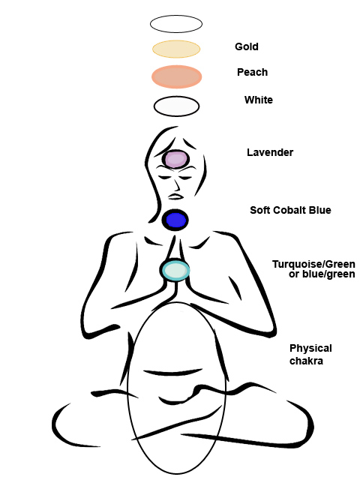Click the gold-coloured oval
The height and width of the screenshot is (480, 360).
[x=176, y=49]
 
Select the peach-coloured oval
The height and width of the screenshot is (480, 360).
[x=177, y=76]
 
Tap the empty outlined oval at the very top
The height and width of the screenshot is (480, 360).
[x=176, y=24]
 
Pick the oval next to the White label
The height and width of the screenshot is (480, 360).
[x=177, y=106]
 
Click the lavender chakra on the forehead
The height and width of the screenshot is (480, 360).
[x=175, y=159]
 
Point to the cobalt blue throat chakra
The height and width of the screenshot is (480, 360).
[x=175, y=220]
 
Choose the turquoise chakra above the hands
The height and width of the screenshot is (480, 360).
[x=175, y=270]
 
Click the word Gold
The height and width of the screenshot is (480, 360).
[x=247, y=46]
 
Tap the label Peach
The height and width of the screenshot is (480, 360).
[x=252, y=72]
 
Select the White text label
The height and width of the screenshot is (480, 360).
[x=258, y=100]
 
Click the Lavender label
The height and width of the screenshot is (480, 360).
[x=270, y=152]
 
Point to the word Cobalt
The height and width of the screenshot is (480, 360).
[x=290, y=210]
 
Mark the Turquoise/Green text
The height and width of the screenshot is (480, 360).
[x=313, y=264]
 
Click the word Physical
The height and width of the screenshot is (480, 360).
[x=310, y=349]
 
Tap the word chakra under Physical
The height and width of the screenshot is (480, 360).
[x=306, y=361]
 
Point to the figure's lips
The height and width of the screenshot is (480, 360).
[x=175, y=196]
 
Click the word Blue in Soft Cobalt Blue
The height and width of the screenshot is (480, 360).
[x=320, y=210]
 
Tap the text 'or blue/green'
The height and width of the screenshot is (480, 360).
[x=322, y=274]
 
